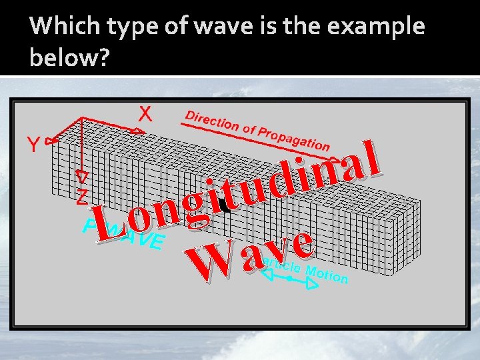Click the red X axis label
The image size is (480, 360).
[x=145, y=113]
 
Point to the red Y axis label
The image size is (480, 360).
[x=33, y=143]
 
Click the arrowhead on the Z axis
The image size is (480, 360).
[x=81, y=177]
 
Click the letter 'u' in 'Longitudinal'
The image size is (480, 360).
[x=253, y=189]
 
